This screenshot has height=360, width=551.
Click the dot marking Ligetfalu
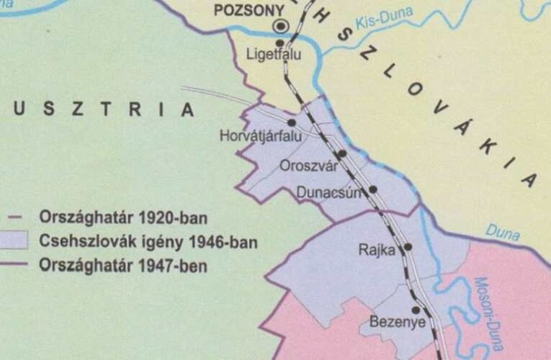click(x=280, y=43)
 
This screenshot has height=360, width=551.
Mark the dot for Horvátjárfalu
click(x=292, y=123)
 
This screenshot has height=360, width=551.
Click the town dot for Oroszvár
click(x=342, y=153)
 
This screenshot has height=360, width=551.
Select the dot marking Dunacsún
click(x=373, y=189)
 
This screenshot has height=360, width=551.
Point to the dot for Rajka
click(x=408, y=246)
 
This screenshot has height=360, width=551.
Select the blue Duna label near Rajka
click(x=503, y=232)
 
